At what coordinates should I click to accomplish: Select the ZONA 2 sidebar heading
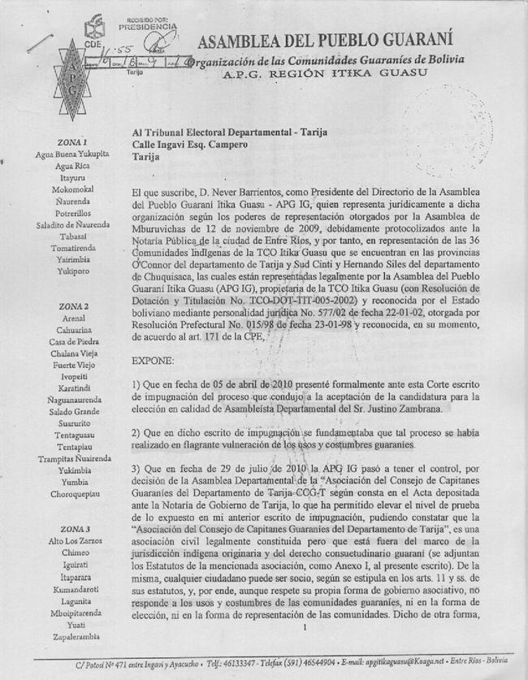[x=73, y=306]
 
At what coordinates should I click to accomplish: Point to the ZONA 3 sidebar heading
[x=73, y=529]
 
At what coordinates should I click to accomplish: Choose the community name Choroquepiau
[x=73, y=493]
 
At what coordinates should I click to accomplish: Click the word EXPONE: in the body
[x=151, y=357]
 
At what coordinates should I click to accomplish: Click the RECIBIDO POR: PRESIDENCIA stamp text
[x=147, y=24]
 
